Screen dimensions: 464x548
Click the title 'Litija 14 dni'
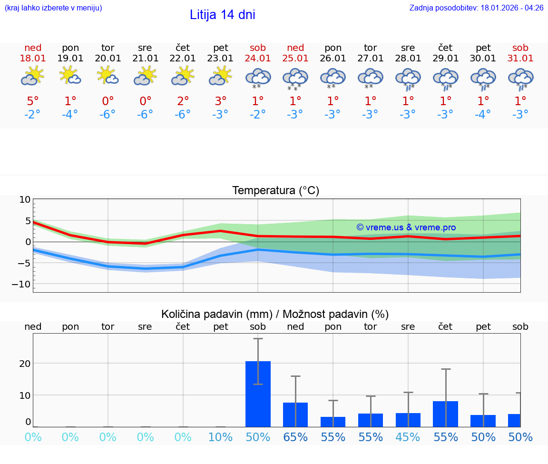(222, 15)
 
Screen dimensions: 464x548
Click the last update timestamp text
(476, 8)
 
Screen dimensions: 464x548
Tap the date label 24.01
(258, 59)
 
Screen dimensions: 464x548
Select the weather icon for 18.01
(32, 76)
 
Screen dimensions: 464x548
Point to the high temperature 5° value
(33, 101)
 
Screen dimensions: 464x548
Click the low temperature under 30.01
(483, 115)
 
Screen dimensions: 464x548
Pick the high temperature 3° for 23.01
(220, 101)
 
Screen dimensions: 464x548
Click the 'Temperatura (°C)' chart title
(275, 191)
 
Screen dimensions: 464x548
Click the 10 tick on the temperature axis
(24, 200)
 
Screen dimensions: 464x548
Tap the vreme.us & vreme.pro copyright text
(406, 227)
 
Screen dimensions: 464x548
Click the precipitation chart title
(275, 314)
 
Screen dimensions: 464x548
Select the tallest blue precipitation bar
(258, 394)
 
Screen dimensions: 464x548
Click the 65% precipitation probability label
(295, 437)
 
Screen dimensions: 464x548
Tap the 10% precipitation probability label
(220, 437)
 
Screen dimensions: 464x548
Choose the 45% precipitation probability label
(408, 437)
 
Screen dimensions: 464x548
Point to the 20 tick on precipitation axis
(25, 364)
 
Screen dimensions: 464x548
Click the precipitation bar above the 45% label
(408, 420)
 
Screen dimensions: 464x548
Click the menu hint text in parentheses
(53, 8)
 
